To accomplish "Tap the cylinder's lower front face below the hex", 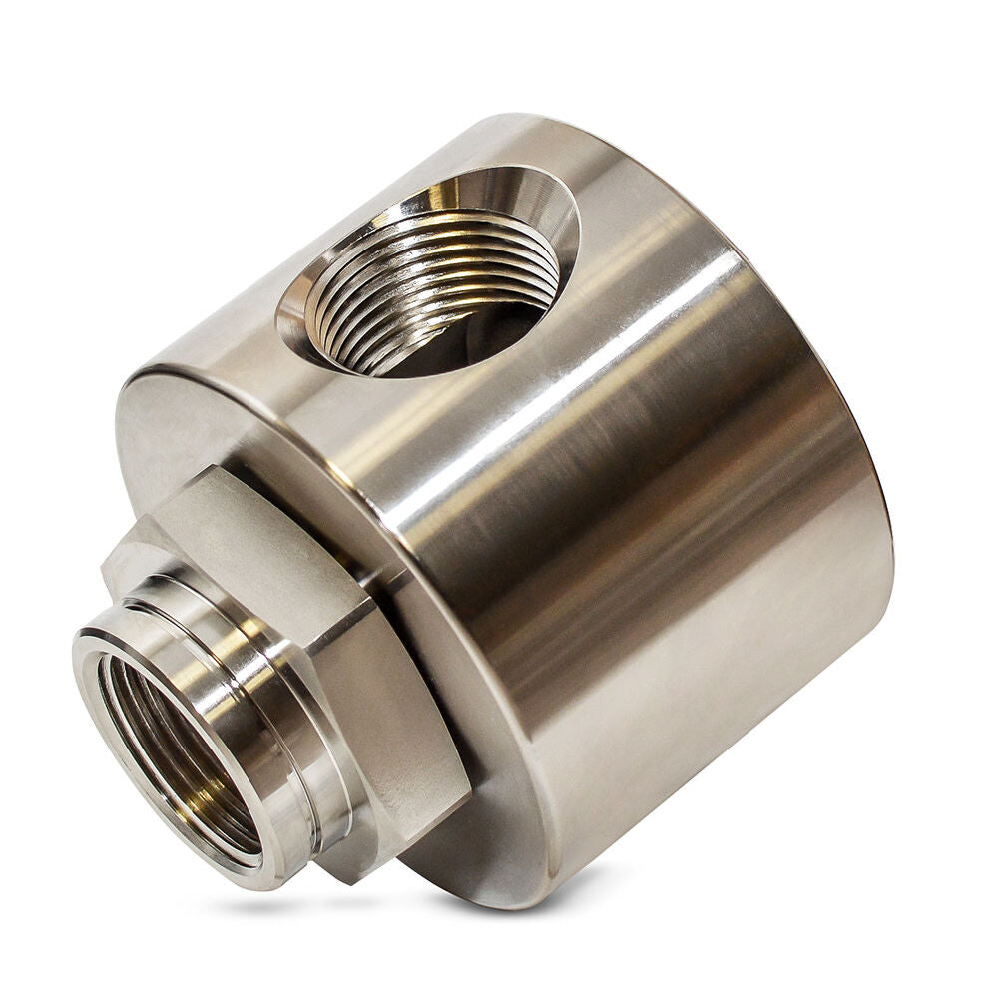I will pyautogui.click(x=469, y=848).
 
